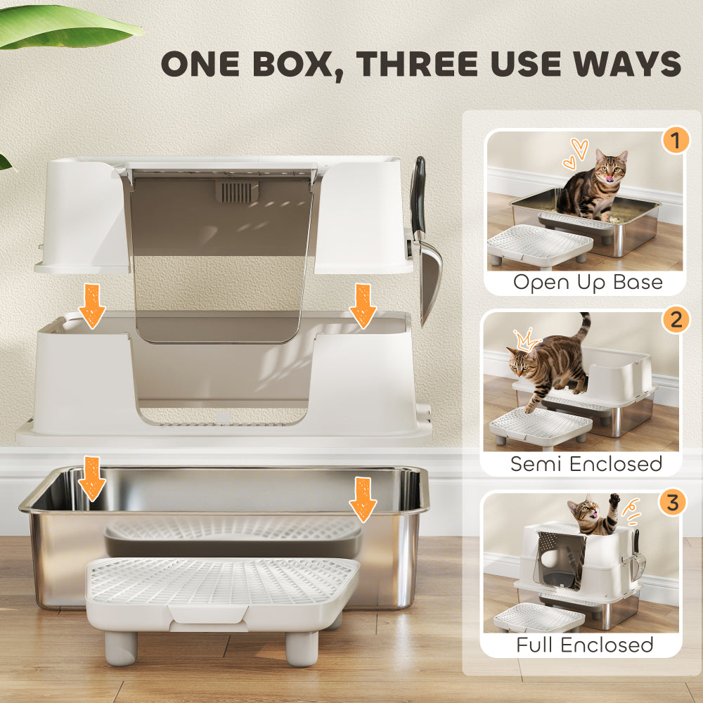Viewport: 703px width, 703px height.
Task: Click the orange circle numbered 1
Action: click(x=676, y=141)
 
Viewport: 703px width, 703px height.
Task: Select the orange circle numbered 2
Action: click(x=676, y=321)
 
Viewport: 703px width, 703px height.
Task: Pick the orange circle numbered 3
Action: click(x=673, y=503)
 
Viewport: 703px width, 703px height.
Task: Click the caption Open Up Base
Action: click(x=588, y=283)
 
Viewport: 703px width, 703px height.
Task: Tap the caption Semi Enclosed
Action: click(x=586, y=463)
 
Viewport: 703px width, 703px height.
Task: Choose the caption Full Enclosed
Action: click(x=585, y=645)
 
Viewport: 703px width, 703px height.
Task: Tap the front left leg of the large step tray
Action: click(x=121, y=647)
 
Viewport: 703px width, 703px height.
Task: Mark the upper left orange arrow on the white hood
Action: click(x=92, y=307)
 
